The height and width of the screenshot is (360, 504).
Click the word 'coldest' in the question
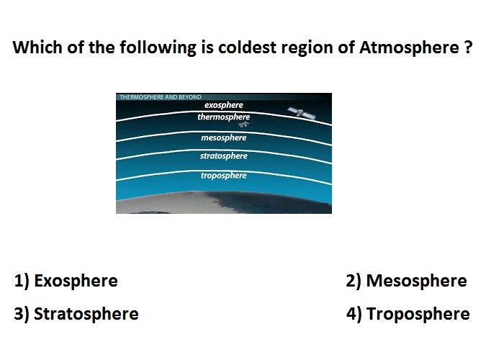pos(247,48)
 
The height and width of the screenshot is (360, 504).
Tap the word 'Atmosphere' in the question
pos(409,48)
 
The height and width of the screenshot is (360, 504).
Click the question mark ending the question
pos(468,48)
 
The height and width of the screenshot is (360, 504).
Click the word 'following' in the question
pos(158,48)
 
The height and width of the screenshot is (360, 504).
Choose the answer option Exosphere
pos(76,281)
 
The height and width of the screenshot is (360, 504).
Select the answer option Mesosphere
pos(416,281)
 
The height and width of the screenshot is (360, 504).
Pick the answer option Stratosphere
pos(86,314)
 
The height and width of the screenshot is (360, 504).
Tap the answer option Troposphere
pos(418,314)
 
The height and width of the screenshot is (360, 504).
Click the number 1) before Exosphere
pos(22,281)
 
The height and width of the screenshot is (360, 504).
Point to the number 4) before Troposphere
pos(354,314)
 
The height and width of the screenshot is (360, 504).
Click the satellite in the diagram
pos(301,113)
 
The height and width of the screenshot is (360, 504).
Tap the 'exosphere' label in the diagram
pos(224,105)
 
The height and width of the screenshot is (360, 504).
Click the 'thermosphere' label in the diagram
pos(224,117)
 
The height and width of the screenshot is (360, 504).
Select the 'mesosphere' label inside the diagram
pos(224,138)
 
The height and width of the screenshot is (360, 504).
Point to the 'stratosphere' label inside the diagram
pos(224,156)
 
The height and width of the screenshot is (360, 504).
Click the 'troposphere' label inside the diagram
pos(224,176)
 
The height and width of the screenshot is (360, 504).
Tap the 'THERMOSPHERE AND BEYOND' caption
pos(161,97)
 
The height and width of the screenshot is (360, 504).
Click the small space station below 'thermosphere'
pos(244,125)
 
